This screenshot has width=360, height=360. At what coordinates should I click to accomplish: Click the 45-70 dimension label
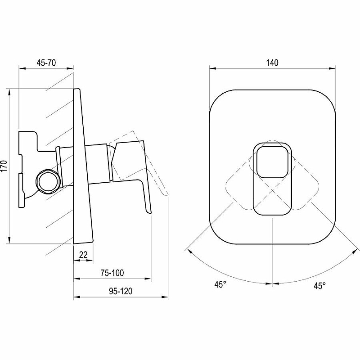pyautogui.click(x=46, y=63)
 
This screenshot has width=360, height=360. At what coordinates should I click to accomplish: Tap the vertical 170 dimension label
pyautogui.click(x=4, y=166)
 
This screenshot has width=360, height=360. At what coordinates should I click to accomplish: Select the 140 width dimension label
pyautogui.click(x=272, y=63)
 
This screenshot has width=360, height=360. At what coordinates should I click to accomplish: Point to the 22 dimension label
pyautogui.click(x=83, y=255)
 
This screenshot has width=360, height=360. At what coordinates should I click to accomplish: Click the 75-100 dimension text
pyautogui.click(x=112, y=273)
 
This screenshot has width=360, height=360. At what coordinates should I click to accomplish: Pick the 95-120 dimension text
pyautogui.click(x=121, y=291)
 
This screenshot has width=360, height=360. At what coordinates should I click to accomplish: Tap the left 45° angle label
pyautogui.click(x=220, y=284)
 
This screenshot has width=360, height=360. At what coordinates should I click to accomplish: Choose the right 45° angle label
pyautogui.click(x=320, y=286)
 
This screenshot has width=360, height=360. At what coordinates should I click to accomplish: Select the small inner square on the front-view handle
pyautogui.click(x=272, y=162)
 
